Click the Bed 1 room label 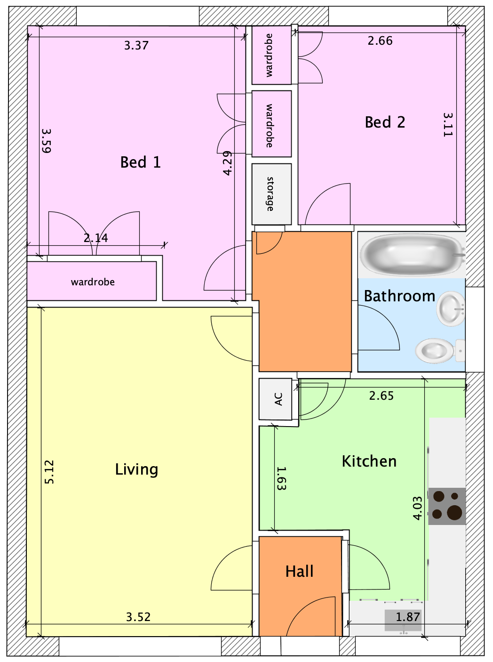point(140,162)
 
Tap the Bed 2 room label point(385,122)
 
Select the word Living point(136,469)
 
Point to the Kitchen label point(369,461)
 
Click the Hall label point(299,571)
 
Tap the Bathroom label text point(399,296)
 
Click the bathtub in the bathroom point(412,255)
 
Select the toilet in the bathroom point(440,351)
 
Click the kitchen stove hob point(447,506)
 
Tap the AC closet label point(279,399)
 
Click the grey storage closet point(271,194)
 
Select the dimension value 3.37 point(136,46)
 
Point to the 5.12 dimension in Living point(49,472)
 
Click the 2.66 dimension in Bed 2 point(380,40)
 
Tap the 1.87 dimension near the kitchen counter point(408,617)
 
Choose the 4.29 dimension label point(228,163)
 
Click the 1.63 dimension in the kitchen point(281,478)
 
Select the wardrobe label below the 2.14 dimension point(93,282)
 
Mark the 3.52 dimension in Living point(138,617)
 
